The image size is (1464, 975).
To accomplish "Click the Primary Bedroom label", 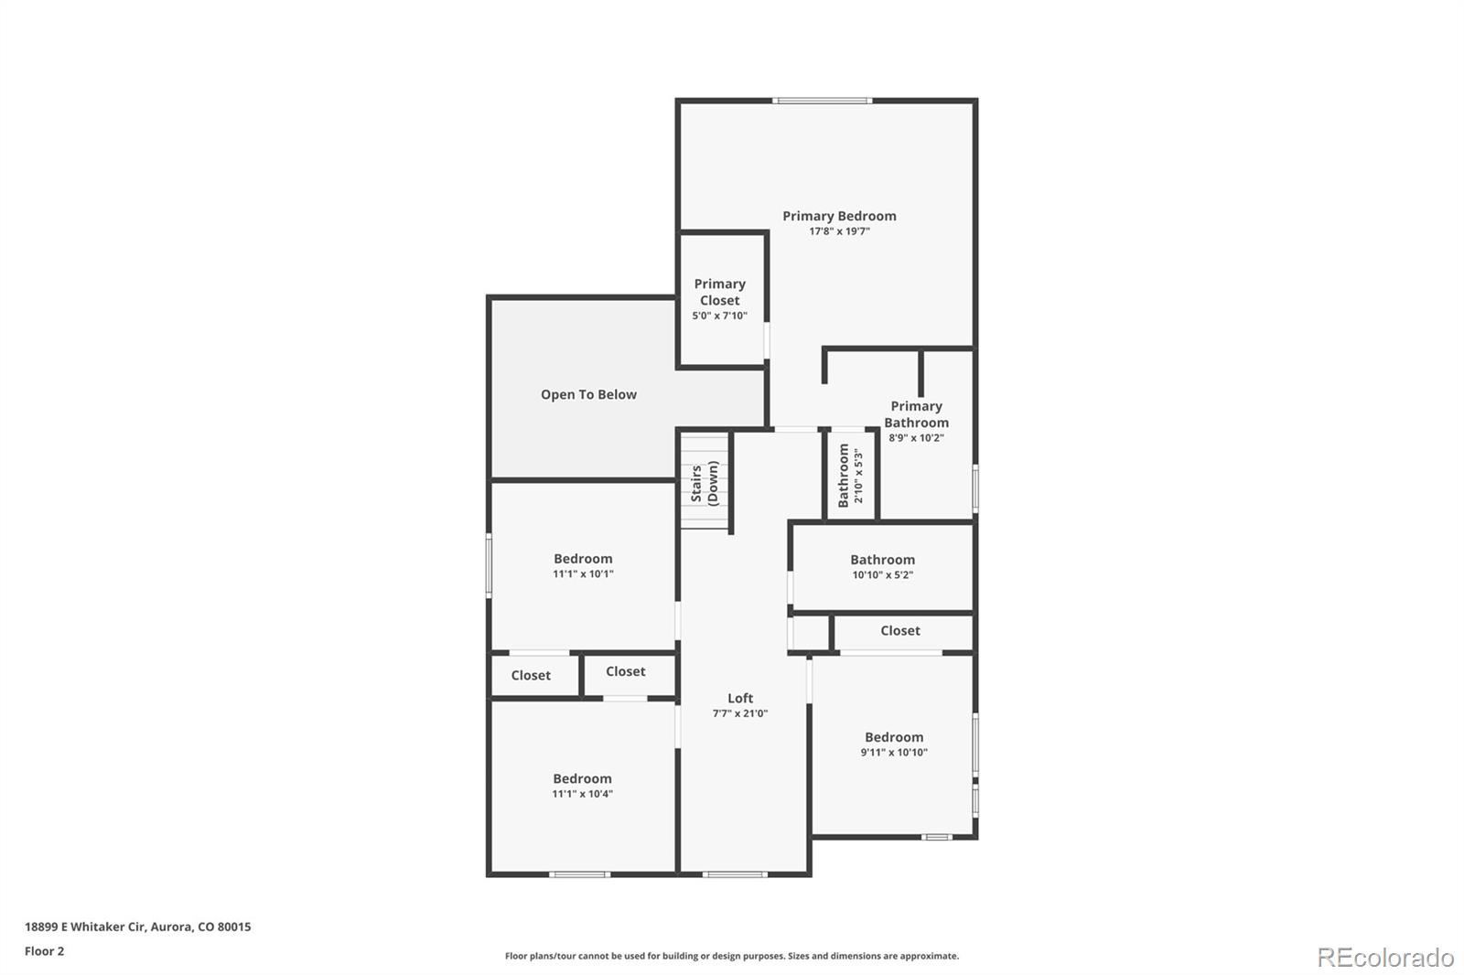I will [839, 216].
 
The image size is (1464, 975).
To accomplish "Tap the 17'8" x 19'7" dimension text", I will [839, 231].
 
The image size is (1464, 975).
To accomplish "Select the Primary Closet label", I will [719, 292].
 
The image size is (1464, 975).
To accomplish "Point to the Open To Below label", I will [588, 394].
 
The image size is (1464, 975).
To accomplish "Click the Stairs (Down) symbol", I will [705, 482].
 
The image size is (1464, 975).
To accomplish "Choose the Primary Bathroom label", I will [916, 414].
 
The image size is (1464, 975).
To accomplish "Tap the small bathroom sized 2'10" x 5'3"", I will [850, 476].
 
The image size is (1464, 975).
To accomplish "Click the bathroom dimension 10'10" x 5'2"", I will [882, 575].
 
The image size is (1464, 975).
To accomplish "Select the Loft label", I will [740, 698].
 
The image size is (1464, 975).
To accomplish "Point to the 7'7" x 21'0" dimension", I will [740, 713].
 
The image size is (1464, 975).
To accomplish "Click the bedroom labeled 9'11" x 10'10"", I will [894, 744].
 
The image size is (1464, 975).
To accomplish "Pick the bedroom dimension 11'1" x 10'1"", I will [583, 574].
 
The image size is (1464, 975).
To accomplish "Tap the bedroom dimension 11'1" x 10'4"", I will [582, 794].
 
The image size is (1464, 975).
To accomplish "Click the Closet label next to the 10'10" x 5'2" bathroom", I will [900, 630].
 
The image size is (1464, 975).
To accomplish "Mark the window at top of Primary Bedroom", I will [822, 101].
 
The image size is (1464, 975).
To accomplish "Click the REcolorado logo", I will [1384, 957].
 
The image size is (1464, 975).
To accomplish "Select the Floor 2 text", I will [44, 951].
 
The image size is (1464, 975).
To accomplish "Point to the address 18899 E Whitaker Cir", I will [137, 927].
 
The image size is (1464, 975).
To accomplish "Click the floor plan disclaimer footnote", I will [732, 956].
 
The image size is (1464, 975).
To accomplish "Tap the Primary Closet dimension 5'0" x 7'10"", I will [719, 316].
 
